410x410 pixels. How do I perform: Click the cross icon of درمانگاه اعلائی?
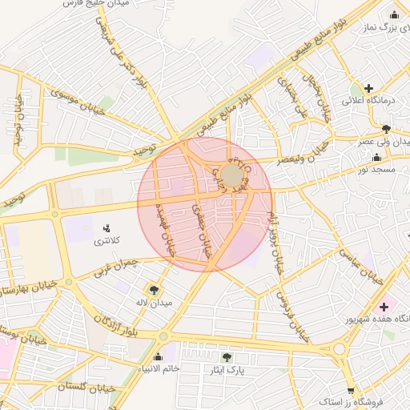[x=368, y=88]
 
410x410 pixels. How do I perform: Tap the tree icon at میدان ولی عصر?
[x=387, y=128]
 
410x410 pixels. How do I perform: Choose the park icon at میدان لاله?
[x=153, y=290]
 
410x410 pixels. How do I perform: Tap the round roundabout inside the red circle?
[x=232, y=175]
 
